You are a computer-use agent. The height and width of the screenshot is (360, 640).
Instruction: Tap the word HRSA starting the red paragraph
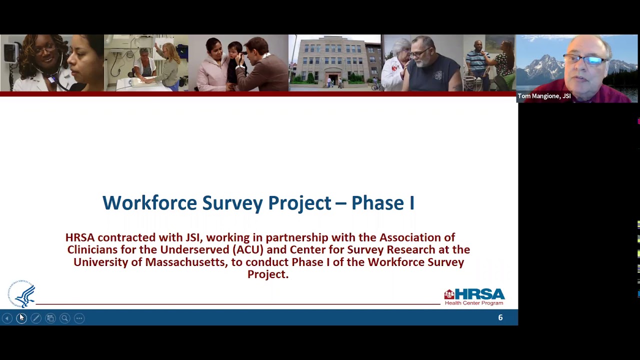79,237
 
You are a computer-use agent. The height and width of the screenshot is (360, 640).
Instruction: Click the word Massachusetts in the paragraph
185,262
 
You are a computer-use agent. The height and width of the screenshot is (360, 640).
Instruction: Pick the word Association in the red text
417,237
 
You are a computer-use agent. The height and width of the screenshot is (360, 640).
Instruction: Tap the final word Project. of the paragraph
268,274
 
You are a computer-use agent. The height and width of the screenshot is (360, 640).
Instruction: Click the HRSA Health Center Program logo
474,296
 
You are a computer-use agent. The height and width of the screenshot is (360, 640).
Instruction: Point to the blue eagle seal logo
22,294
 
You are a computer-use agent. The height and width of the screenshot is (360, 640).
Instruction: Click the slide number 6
500,317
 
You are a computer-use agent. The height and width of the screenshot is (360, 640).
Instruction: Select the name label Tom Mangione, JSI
544,96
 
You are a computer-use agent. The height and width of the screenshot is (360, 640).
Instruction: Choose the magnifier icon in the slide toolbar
64,318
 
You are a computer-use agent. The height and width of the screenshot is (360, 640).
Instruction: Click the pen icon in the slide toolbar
36,318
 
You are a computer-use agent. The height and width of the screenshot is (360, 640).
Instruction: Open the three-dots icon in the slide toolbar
79,318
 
